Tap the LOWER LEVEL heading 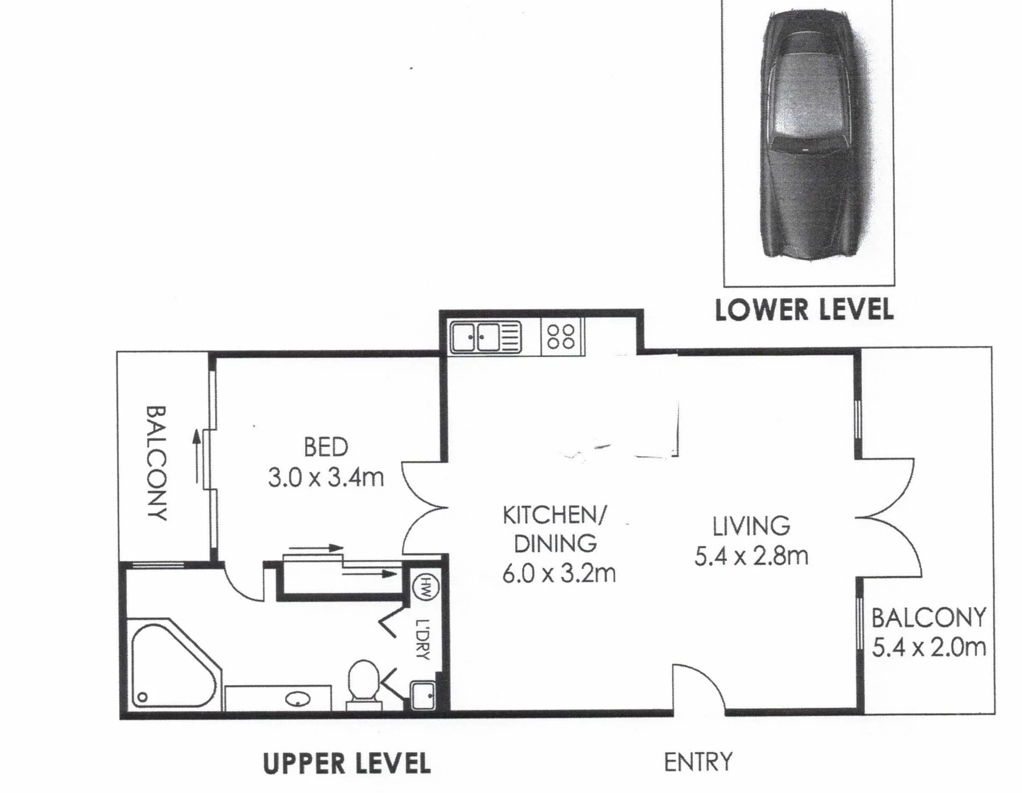click(804, 310)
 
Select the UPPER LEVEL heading click(346, 764)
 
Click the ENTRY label click(698, 762)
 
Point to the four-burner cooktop click(562, 337)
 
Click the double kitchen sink click(485, 337)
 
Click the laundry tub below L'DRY click(423, 694)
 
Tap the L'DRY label click(423, 639)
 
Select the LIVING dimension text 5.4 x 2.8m click(751, 556)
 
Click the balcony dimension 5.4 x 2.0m click(929, 647)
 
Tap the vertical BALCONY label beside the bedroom click(157, 463)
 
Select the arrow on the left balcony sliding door click(196, 456)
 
